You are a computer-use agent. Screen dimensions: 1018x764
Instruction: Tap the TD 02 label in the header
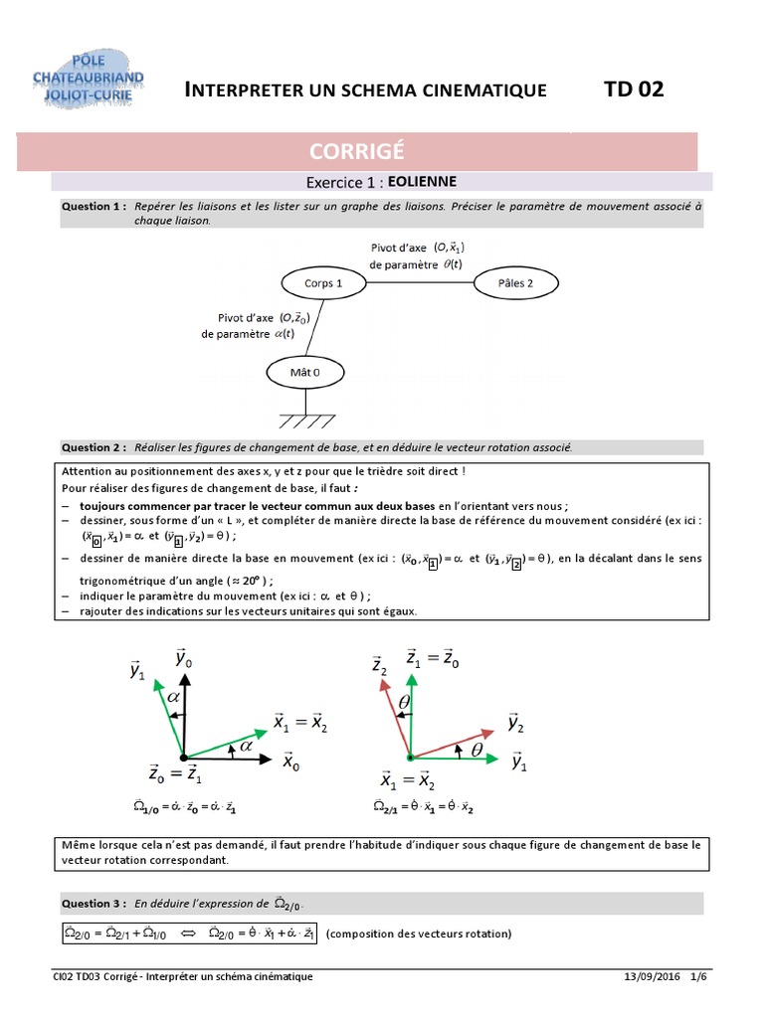(633, 89)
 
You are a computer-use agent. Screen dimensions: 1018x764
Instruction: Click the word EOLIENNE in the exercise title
(421, 182)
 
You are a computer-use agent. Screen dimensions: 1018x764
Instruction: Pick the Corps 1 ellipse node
(322, 284)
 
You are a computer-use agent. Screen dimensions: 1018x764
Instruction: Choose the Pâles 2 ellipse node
(515, 284)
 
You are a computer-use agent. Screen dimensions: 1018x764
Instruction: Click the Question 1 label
(94, 206)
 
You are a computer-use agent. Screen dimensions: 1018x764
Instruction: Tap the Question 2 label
(94, 447)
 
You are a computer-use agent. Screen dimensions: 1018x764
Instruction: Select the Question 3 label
(94, 904)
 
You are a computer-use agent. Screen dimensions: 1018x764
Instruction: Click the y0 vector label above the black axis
(183, 657)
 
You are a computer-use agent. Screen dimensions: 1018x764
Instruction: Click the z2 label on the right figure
(379, 665)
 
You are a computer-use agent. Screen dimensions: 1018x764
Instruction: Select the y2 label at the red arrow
(517, 723)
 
